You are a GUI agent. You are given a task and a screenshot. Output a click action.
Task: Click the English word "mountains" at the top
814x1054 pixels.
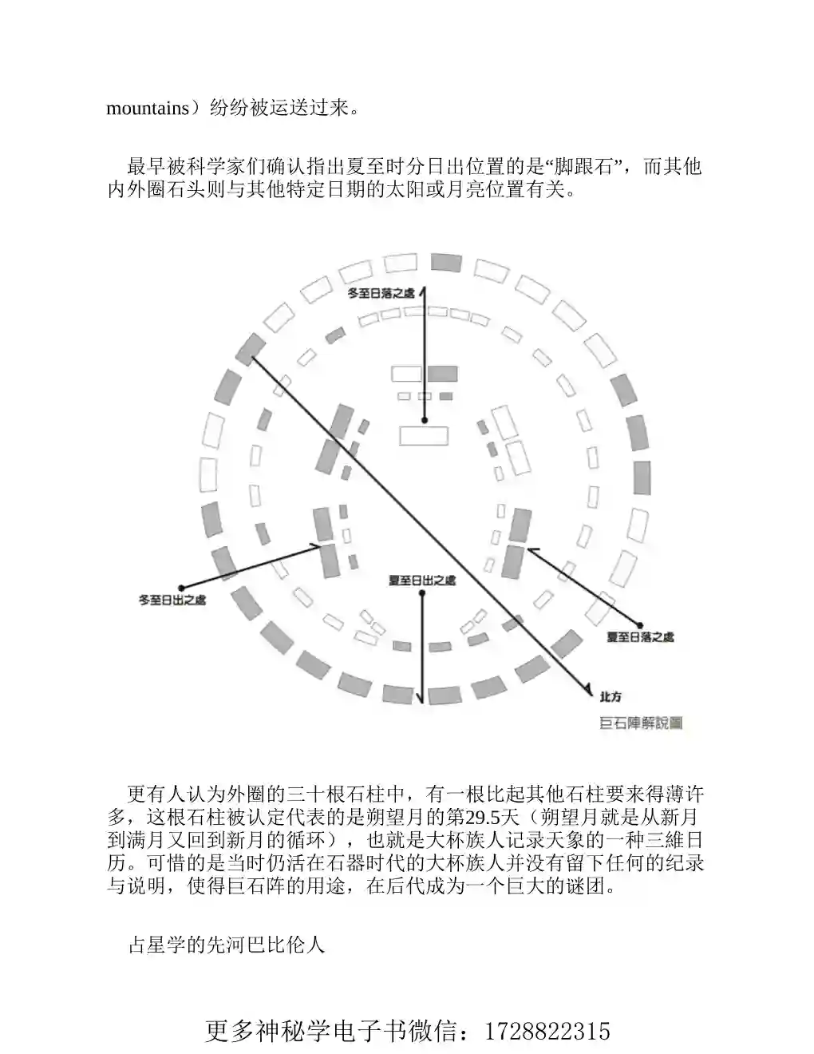[148, 109]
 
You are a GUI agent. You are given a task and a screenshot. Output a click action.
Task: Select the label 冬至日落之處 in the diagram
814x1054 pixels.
[381, 293]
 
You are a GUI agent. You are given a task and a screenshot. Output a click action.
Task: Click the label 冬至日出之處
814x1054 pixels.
[172, 600]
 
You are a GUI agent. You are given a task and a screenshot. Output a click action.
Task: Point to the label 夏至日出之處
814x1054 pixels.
[422, 580]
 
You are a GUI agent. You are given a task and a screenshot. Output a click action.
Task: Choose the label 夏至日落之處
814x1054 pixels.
[641, 637]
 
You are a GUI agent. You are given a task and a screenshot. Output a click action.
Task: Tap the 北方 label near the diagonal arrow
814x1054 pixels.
[610, 697]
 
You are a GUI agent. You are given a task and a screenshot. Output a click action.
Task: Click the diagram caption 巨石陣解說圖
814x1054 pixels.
[641, 723]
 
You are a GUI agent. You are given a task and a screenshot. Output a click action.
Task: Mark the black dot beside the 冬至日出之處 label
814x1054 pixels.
[181, 588]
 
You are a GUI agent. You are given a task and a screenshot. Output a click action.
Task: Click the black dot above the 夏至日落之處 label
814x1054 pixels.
[640, 626]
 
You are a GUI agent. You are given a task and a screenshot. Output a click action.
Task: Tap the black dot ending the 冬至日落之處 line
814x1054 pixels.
[425, 421]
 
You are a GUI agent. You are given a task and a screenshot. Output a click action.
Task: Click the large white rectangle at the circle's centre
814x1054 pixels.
[424, 435]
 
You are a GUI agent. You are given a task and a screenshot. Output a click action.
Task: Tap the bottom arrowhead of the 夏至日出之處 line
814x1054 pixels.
[422, 698]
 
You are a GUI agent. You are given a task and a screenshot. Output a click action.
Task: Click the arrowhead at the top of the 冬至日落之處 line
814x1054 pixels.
[424, 291]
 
